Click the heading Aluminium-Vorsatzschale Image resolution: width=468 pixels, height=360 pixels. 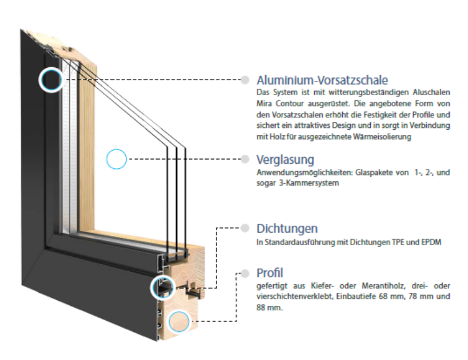point(322,80)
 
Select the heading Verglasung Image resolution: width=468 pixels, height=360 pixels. point(285,160)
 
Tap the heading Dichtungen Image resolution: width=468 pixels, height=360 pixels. point(287,228)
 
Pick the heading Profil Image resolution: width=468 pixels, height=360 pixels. point(270,272)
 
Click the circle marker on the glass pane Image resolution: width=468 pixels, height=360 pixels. point(116,158)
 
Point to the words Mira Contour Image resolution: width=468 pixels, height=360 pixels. point(278,104)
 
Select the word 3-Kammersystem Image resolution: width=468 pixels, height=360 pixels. point(311,183)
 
